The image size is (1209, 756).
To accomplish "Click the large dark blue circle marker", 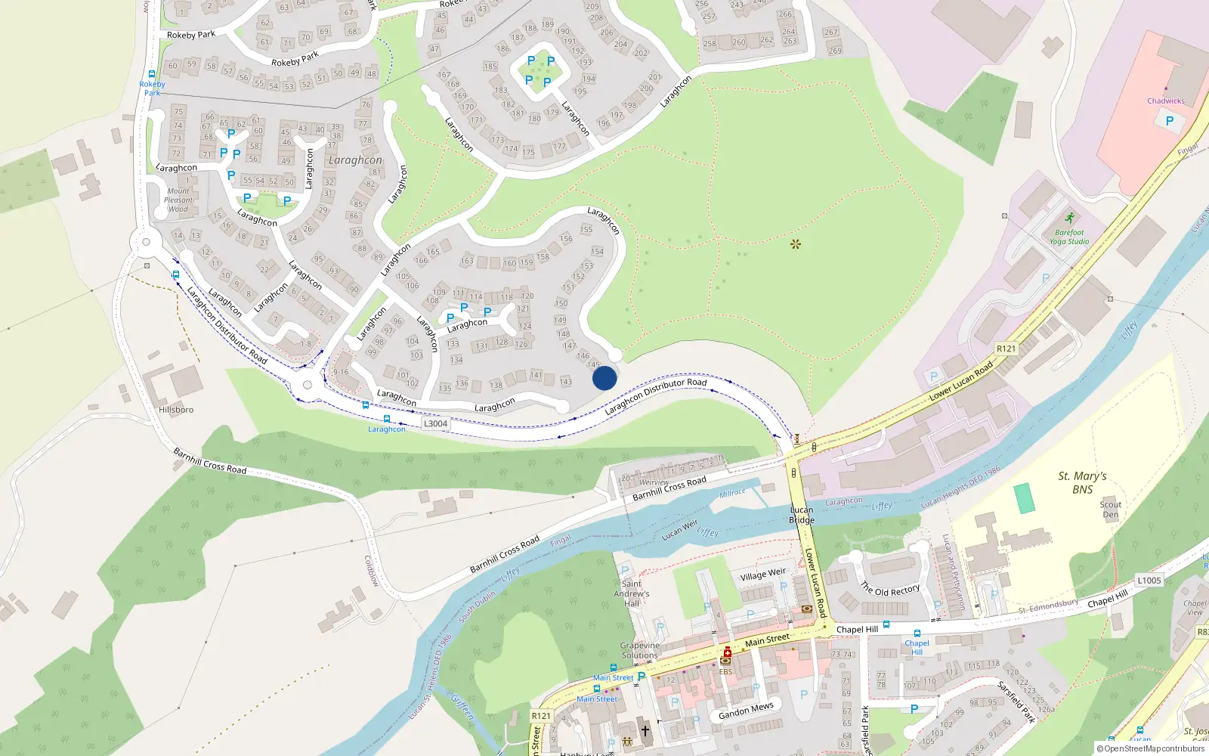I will coord(604,378).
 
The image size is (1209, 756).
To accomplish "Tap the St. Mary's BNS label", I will coord(1082,482).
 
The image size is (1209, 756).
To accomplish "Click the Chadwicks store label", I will coord(1166,101).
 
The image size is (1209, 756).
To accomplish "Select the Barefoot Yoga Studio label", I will coord(1069,237).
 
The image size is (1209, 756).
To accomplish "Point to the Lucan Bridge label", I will coord(802,515).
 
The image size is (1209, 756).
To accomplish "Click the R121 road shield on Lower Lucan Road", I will coord(1006,349).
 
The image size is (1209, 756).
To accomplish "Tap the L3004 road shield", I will coord(435,423).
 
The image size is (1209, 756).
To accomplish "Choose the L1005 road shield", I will coord(1149,581).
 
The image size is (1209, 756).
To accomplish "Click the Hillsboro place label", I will coord(176,410).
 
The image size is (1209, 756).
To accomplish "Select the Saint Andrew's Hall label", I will coord(632,593).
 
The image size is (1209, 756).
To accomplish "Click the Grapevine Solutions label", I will coord(640,651).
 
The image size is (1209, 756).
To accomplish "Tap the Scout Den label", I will coord(1110,510).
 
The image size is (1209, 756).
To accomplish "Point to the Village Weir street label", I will coord(763,575).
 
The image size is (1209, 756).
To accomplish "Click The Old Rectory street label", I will coord(890,590).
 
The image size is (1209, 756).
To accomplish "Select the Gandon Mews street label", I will coord(746,711).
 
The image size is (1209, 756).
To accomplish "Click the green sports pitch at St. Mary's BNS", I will coord(1025,498).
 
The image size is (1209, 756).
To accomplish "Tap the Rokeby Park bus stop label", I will coord(152,88).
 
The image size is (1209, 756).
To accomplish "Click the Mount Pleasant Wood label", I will coord(178,200).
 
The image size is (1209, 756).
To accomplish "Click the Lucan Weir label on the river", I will coord(680,530).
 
